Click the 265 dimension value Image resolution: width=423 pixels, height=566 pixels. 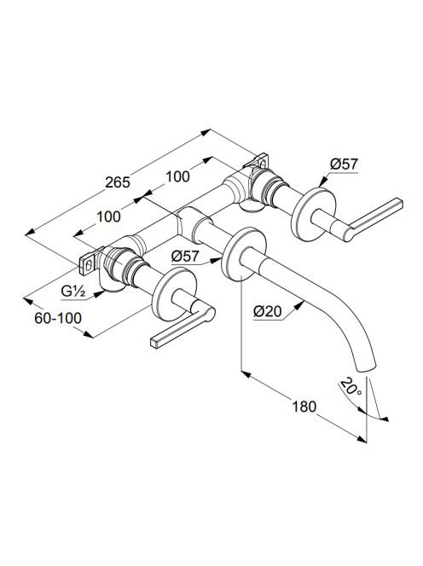tap(118, 182)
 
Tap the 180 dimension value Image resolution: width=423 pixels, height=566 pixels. tap(304, 407)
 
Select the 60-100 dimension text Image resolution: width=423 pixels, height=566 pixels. tap(58, 318)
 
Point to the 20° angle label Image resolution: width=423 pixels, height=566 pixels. tap(350, 387)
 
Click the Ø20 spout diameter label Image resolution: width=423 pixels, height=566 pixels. tap(267, 311)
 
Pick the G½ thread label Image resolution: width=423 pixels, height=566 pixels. tap(72, 292)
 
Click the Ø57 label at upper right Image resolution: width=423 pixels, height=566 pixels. tap(344, 165)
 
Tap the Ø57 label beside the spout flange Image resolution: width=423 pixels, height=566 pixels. tap(185, 257)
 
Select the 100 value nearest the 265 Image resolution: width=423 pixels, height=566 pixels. tap(177, 176)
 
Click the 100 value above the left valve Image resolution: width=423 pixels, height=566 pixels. tap(108, 217)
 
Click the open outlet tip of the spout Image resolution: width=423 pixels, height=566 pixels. tap(367, 367)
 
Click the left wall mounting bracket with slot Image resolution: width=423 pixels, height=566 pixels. tap(89, 263)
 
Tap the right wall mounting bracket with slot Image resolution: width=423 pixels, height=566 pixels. tap(259, 161)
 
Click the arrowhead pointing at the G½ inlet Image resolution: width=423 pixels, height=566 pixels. tap(98, 294)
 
